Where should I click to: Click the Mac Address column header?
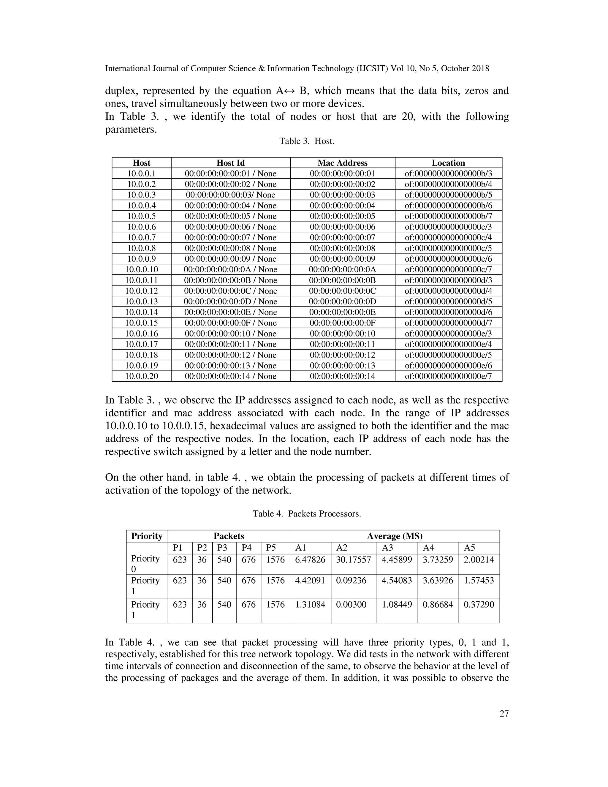[x=342, y=163]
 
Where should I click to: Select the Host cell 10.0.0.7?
[x=141, y=238]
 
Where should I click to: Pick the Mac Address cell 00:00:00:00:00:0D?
[x=342, y=302]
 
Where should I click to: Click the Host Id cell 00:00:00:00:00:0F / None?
[x=230, y=323]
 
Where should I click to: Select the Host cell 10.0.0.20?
[x=141, y=376]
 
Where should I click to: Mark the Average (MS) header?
[x=395, y=536]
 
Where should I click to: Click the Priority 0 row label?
[x=145, y=564]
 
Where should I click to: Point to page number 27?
[x=504, y=713]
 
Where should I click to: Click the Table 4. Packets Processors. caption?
[x=306, y=513]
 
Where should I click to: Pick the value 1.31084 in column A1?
[x=310, y=604]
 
